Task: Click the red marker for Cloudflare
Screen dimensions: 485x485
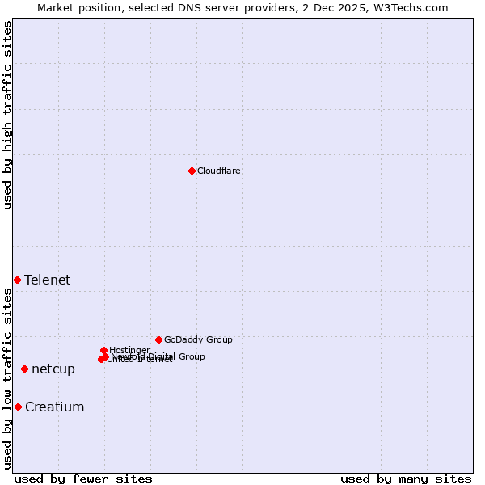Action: point(192,171)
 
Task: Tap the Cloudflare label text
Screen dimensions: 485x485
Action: point(219,171)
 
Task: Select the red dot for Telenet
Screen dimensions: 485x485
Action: point(17,280)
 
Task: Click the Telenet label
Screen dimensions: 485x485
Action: point(48,280)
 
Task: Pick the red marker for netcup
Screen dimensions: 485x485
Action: point(24,369)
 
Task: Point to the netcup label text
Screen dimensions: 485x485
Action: point(53,369)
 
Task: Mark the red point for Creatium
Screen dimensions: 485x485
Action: point(18,407)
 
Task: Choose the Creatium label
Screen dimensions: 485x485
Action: point(55,407)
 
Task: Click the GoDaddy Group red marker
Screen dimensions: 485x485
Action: point(158,339)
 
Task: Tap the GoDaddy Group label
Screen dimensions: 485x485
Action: point(198,339)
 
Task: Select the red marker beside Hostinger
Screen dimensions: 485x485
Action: point(103,350)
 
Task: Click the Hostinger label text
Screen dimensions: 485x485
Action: point(129,350)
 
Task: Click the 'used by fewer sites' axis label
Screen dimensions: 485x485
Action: point(83,479)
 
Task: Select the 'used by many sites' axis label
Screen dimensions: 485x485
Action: point(406,479)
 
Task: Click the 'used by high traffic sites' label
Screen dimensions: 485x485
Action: point(8,115)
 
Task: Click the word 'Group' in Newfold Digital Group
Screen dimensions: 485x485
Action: point(192,356)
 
